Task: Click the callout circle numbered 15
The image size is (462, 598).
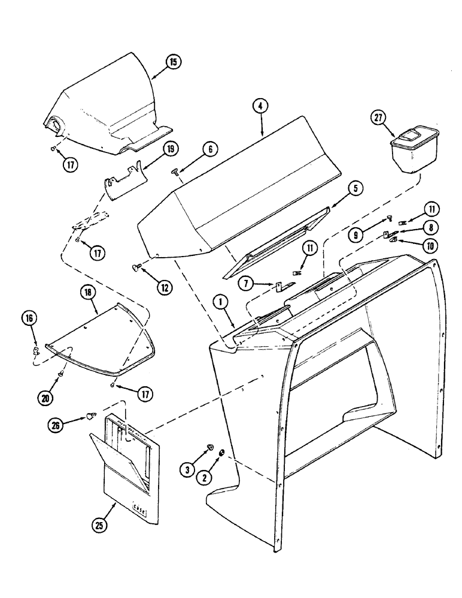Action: pyautogui.click(x=174, y=62)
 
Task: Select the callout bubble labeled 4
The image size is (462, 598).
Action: pyautogui.click(x=259, y=106)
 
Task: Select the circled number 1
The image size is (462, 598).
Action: pyautogui.click(x=222, y=303)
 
